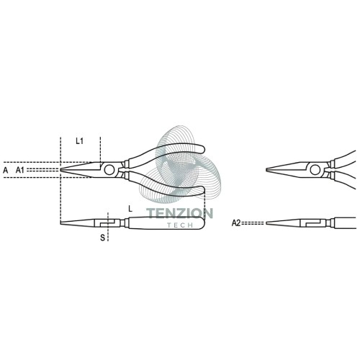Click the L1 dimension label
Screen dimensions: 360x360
(x=79, y=141)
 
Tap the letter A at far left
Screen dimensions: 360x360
(x=5, y=171)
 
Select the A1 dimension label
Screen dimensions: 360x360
(x=20, y=170)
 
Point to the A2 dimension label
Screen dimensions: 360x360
(x=236, y=223)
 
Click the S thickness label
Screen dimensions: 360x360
(x=103, y=238)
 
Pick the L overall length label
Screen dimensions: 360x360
(x=130, y=209)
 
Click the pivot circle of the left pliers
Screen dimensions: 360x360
(x=109, y=170)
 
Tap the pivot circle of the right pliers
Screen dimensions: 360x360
(x=315, y=170)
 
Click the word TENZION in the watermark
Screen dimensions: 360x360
(x=179, y=213)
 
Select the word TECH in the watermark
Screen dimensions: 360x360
(x=180, y=225)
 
